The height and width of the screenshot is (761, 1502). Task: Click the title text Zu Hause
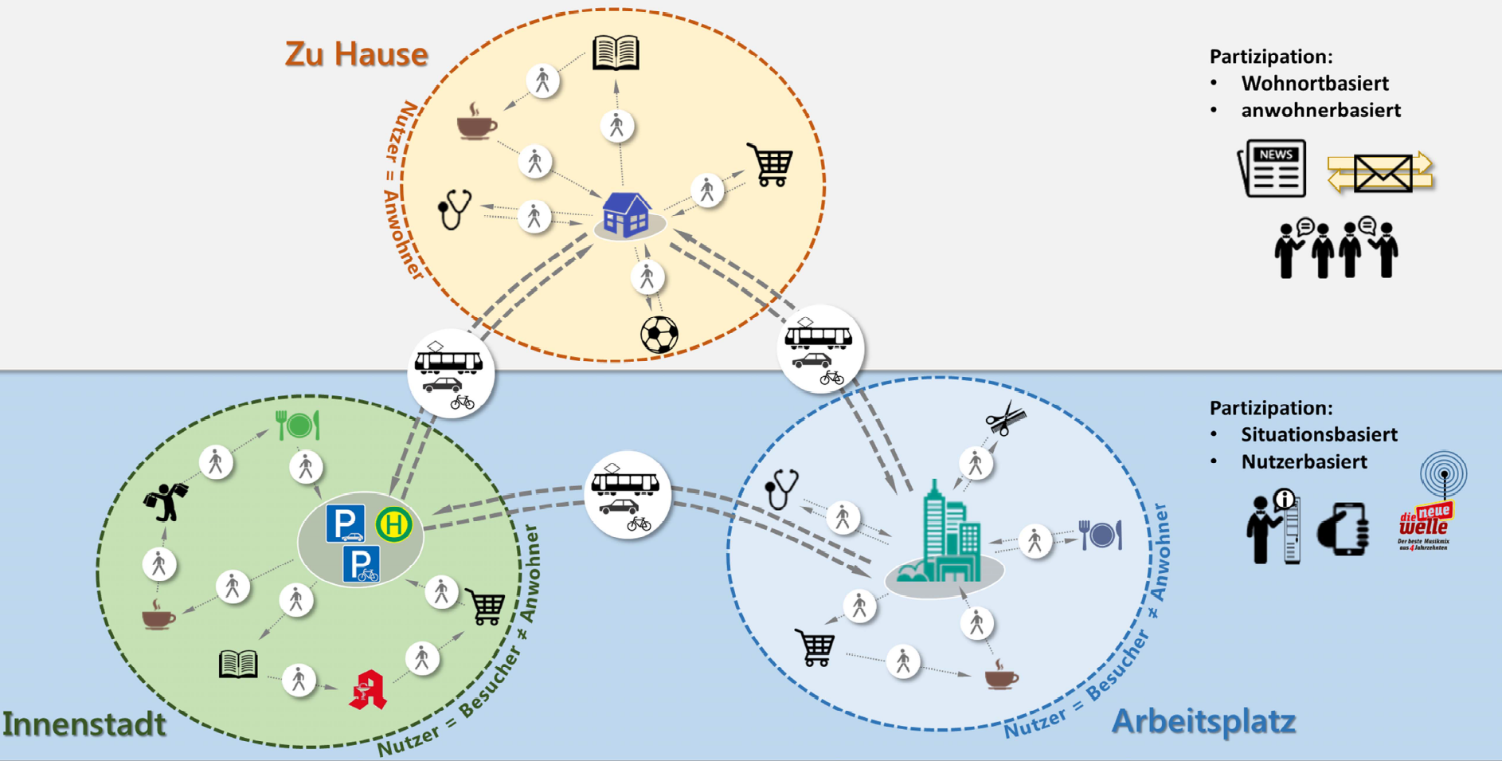(356, 54)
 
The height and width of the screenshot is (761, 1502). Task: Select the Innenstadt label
(84, 724)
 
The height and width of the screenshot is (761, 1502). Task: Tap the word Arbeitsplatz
(1203, 721)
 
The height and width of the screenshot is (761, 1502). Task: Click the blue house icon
(627, 214)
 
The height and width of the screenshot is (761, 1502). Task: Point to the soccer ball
(659, 335)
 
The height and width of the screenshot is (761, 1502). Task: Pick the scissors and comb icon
(1005, 418)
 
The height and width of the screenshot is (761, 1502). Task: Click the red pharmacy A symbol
(368, 690)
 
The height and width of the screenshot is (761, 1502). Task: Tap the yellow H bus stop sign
(393, 525)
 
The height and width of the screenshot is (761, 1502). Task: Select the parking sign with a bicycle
(361, 564)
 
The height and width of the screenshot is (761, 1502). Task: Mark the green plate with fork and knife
(298, 426)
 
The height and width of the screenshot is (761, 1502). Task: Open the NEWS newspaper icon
(1273, 168)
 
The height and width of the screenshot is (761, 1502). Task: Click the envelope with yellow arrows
(1380, 172)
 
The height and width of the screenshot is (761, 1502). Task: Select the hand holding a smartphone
(1344, 529)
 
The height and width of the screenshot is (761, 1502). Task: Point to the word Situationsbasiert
(1319, 435)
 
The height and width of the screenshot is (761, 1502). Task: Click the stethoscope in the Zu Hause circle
(455, 209)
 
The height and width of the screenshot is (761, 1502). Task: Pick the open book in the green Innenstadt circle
(238, 664)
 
